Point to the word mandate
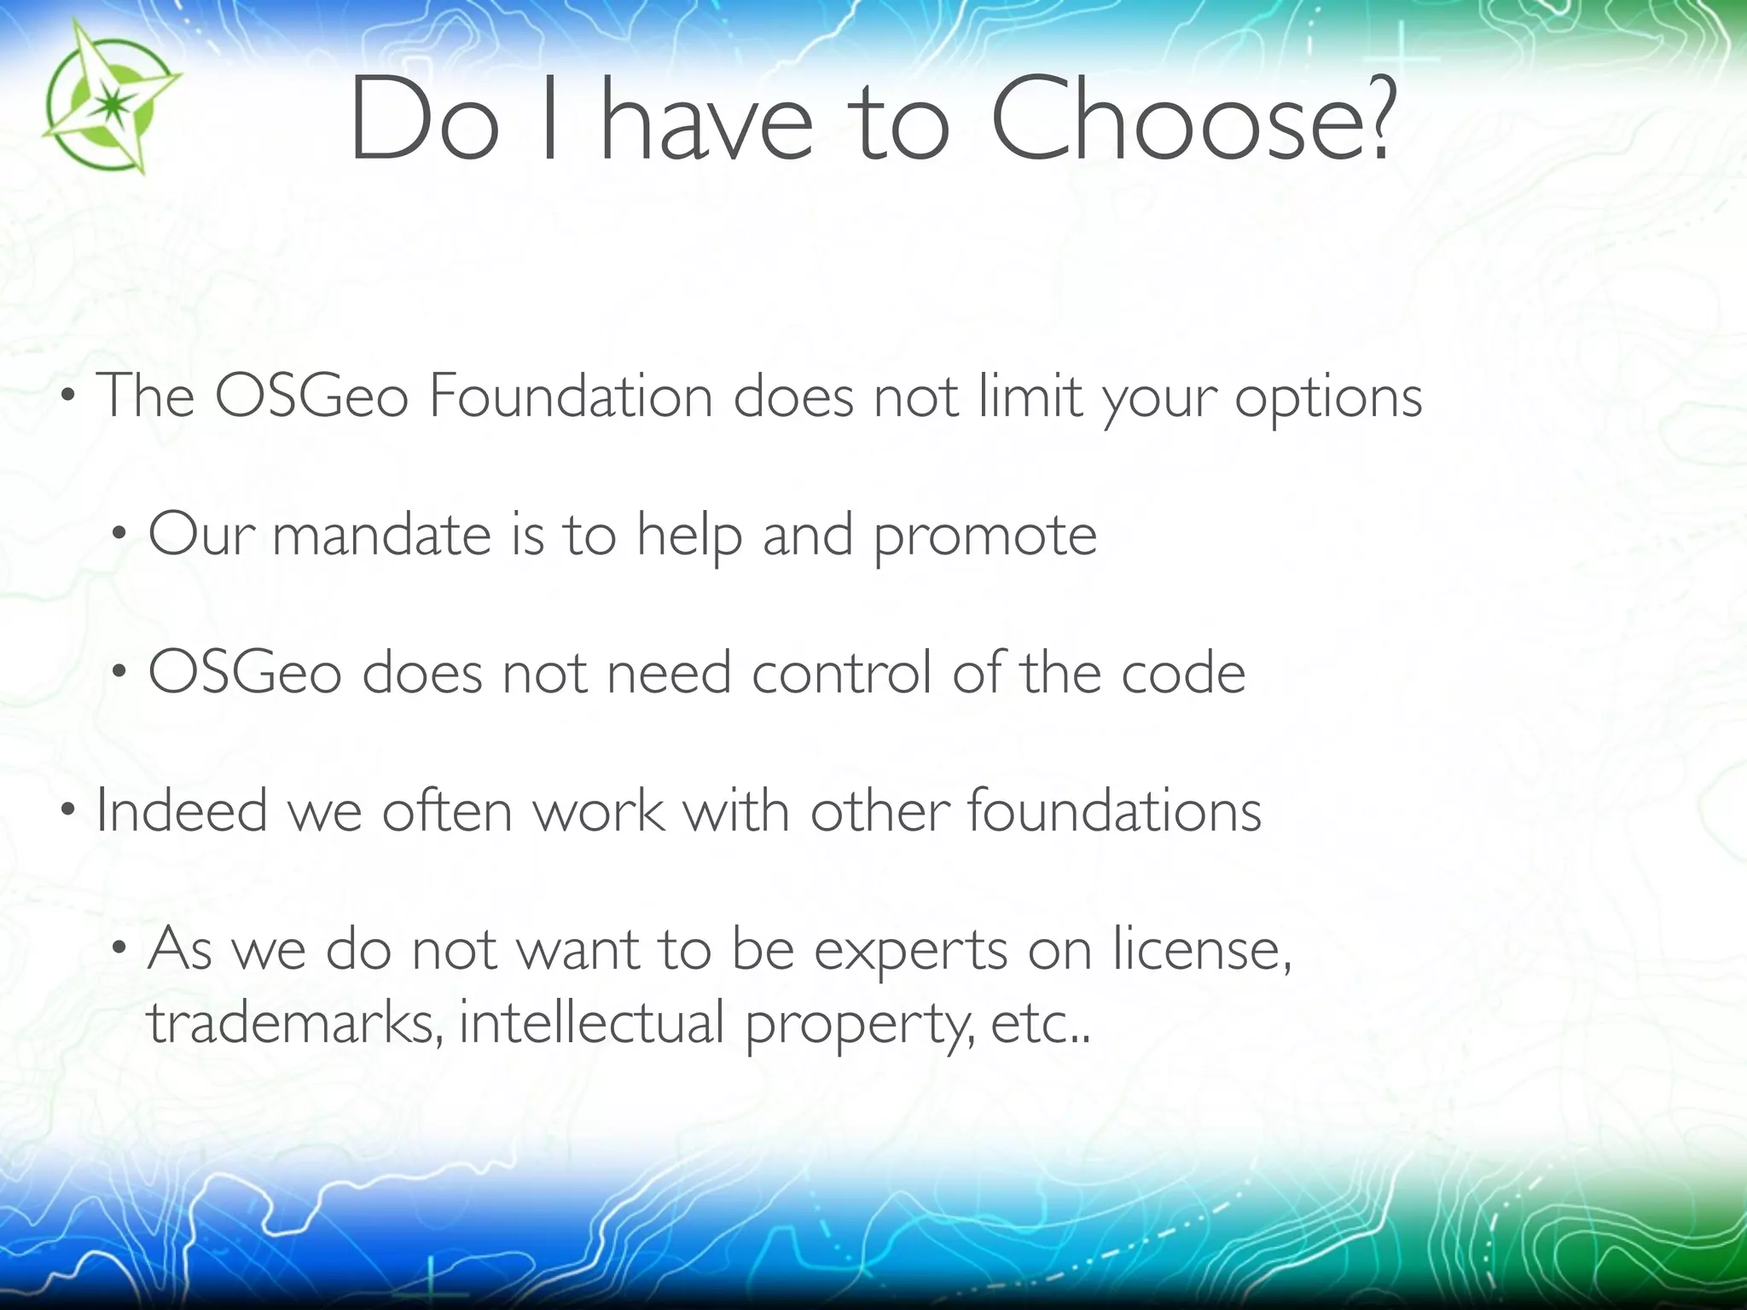point(381,536)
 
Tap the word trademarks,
point(294,1023)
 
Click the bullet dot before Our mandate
point(119,535)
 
